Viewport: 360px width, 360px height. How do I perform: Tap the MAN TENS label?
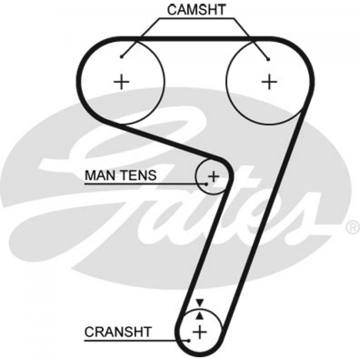[120, 175]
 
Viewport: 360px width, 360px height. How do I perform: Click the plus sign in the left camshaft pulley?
[122, 82]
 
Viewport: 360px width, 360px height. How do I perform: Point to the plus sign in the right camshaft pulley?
[270, 82]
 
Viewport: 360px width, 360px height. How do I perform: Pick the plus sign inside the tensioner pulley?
[214, 176]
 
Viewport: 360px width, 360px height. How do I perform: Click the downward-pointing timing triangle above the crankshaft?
[200, 303]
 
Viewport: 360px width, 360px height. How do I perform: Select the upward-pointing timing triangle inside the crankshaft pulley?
[200, 316]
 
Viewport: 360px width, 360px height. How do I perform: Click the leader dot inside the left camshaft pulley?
[122, 57]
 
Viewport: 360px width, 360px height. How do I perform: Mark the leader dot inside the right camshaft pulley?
[269, 60]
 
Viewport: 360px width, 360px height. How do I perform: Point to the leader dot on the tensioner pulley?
[206, 184]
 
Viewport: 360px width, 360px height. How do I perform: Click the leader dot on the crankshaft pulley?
[189, 341]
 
